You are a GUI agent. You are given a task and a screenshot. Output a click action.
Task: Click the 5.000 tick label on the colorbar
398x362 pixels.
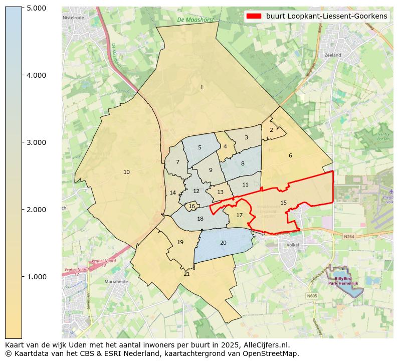click(36, 8)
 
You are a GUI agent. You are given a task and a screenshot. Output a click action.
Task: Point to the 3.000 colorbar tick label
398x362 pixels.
click(36, 142)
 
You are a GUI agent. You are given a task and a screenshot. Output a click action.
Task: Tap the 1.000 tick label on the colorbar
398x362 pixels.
click(36, 277)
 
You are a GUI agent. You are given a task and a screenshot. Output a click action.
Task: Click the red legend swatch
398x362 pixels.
click(254, 16)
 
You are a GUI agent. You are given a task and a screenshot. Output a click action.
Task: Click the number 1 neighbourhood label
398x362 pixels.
click(202, 88)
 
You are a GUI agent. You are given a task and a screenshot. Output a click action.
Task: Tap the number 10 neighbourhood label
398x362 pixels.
click(126, 172)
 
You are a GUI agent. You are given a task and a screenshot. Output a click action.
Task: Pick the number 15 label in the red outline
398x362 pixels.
click(284, 203)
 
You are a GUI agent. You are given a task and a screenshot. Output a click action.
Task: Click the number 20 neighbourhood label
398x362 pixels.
click(223, 243)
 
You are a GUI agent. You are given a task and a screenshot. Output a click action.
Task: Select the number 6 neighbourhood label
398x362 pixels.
click(290, 156)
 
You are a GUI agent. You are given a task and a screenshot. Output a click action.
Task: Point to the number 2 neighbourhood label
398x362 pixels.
click(271, 130)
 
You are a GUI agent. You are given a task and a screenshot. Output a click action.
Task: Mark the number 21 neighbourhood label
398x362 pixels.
click(186, 274)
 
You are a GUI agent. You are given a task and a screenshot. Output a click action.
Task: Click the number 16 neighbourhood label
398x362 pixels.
click(191, 206)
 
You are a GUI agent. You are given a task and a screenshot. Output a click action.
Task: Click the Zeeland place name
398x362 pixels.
click(332, 55)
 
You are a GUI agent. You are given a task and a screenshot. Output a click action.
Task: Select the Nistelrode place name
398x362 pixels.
click(73, 17)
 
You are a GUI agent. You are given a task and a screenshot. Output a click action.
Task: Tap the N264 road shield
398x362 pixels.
click(349, 236)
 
